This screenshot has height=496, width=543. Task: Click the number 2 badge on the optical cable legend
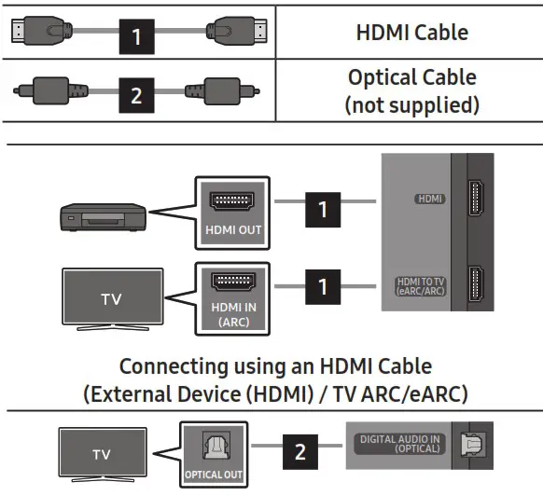click(137, 94)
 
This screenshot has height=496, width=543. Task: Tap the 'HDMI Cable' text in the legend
click(411, 33)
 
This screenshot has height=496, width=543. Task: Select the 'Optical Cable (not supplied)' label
click(411, 90)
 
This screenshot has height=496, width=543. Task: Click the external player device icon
click(98, 215)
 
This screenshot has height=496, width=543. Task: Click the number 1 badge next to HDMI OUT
click(323, 209)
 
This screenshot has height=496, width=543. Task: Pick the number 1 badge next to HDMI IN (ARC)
click(323, 285)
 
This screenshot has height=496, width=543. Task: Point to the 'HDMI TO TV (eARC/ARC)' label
click(422, 286)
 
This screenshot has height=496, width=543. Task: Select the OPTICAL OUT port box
click(213, 453)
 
